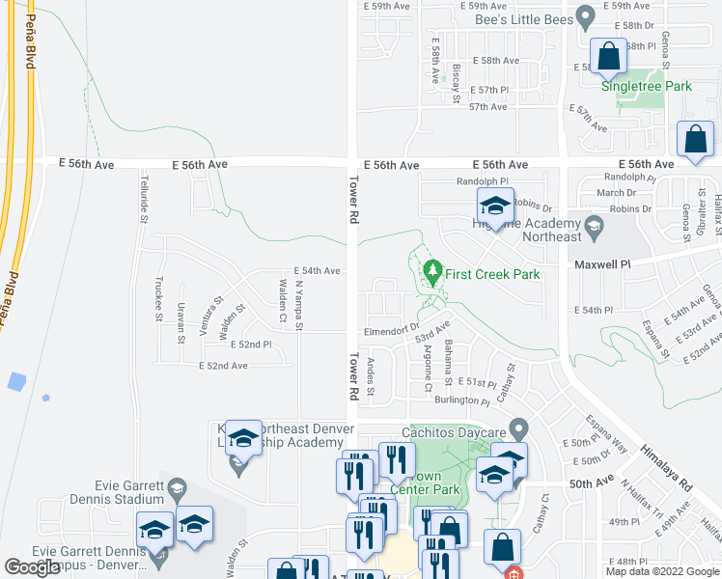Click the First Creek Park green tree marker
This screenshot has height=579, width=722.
(x=433, y=269)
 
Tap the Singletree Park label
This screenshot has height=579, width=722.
(x=647, y=86)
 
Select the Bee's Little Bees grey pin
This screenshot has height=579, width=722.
(x=584, y=16)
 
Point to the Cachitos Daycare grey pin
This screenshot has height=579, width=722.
(x=518, y=426)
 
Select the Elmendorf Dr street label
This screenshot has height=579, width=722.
(x=389, y=331)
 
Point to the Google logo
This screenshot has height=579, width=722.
(x=32, y=567)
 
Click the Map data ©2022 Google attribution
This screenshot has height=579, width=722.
(x=662, y=572)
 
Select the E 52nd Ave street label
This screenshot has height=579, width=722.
(x=223, y=366)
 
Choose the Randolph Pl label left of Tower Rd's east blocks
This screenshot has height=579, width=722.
(x=482, y=180)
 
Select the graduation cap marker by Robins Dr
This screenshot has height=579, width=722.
(x=496, y=207)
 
